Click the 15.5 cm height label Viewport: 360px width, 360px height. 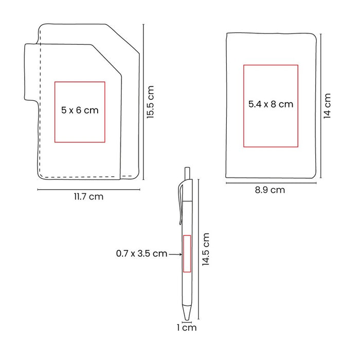pos(150,102)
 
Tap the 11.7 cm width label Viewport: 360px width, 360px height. pos(88,197)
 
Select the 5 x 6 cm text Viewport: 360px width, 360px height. pos(80,110)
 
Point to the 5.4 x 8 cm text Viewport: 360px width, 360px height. pos(271,104)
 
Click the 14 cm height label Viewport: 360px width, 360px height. pos(327,106)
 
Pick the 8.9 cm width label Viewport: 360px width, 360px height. pos(270,190)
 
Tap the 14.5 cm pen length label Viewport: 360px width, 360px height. pos(206,249)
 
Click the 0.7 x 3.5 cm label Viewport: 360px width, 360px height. pos(141,254)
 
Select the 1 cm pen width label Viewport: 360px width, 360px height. pos(187,328)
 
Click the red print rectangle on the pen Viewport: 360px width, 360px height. pos(187,254)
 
